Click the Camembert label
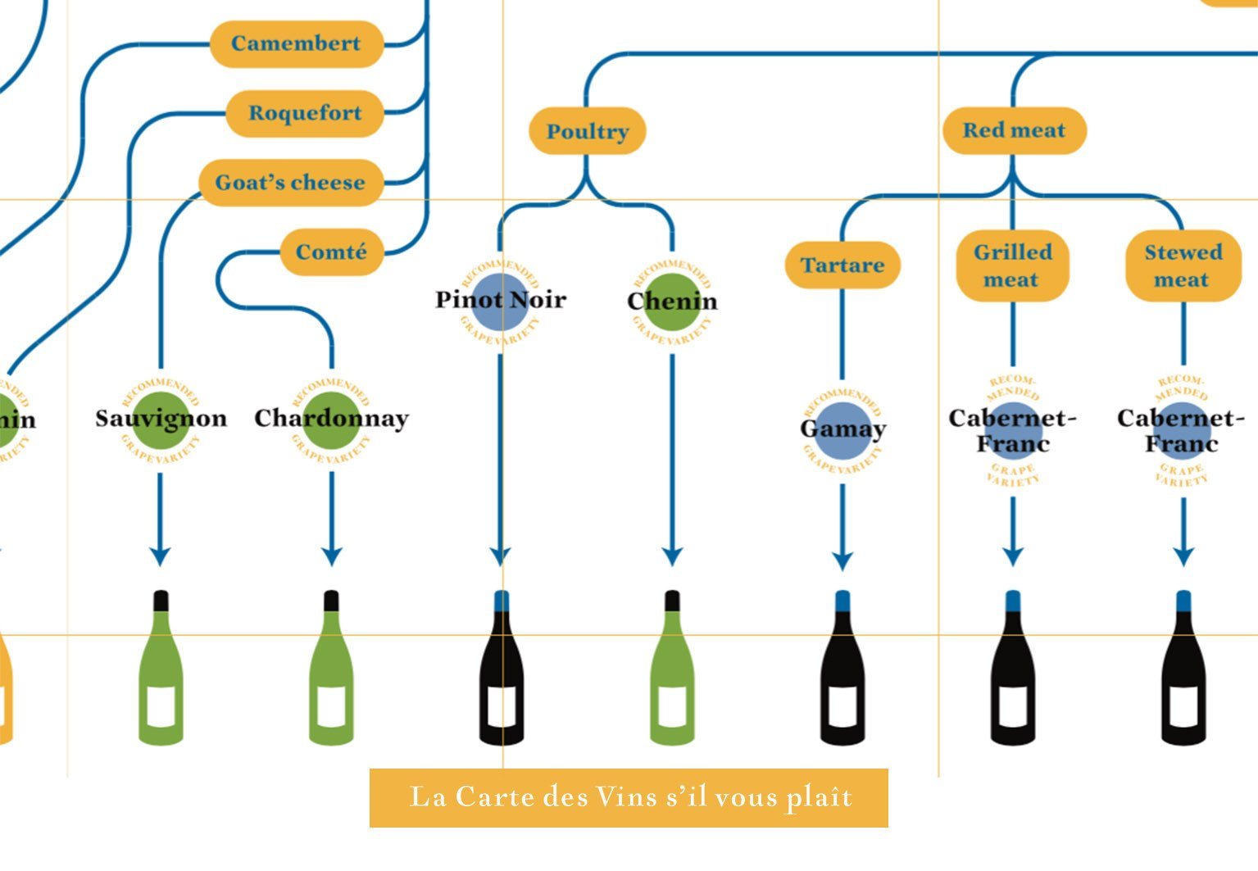pos(297,43)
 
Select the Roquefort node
pos(304,113)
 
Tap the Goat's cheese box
pos(290,182)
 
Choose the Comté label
pos(331,252)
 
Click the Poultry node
pos(587,131)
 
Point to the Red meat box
pos(1014,130)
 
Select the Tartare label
pos(842,265)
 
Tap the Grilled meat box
pos(1012,265)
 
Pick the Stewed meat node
pos(1183,265)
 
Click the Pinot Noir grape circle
pos(501,301)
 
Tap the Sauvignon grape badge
pos(161,420)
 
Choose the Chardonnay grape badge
pos(331,420)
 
